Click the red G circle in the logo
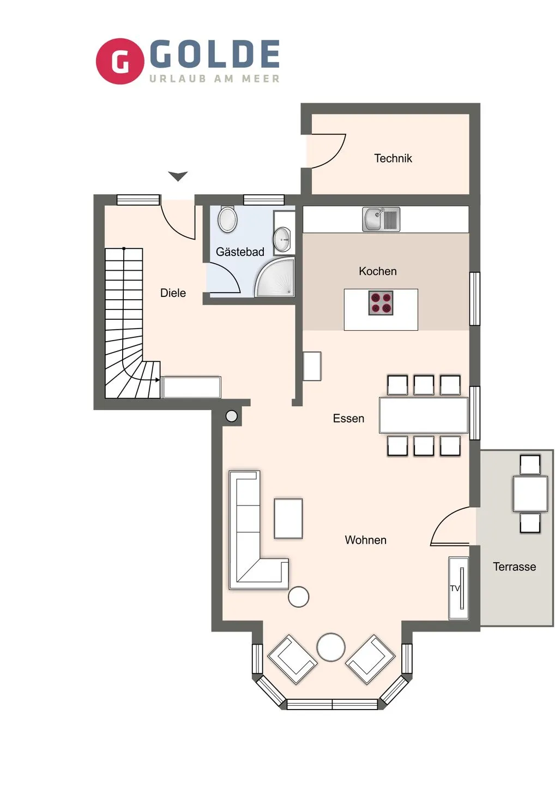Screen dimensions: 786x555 [x=120, y=61]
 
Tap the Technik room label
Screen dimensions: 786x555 [x=393, y=158]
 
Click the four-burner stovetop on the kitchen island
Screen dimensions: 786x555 [x=381, y=303]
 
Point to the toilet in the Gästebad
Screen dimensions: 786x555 [x=227, y=219]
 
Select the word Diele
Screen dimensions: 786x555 [x=173, y=293]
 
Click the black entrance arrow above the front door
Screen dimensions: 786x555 [x=178, y=176]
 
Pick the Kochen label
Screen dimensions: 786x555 [x=377, y=271]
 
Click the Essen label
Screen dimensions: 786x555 [x=348, y=419]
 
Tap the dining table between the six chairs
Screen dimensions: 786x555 [x=424, y=415]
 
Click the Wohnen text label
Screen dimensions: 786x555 [x=365, y=540]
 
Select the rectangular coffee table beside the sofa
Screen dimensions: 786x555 [x=288, y=519]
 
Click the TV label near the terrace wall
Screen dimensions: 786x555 [x=455, y=588]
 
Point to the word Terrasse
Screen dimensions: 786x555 [x=514, y=567]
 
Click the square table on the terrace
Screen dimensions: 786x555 [x=530, y=493]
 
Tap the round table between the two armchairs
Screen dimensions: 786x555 [x=331, y=647]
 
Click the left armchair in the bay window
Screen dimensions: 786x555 [x=292, y=659]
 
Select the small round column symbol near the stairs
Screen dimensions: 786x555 [x=232, y=416]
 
